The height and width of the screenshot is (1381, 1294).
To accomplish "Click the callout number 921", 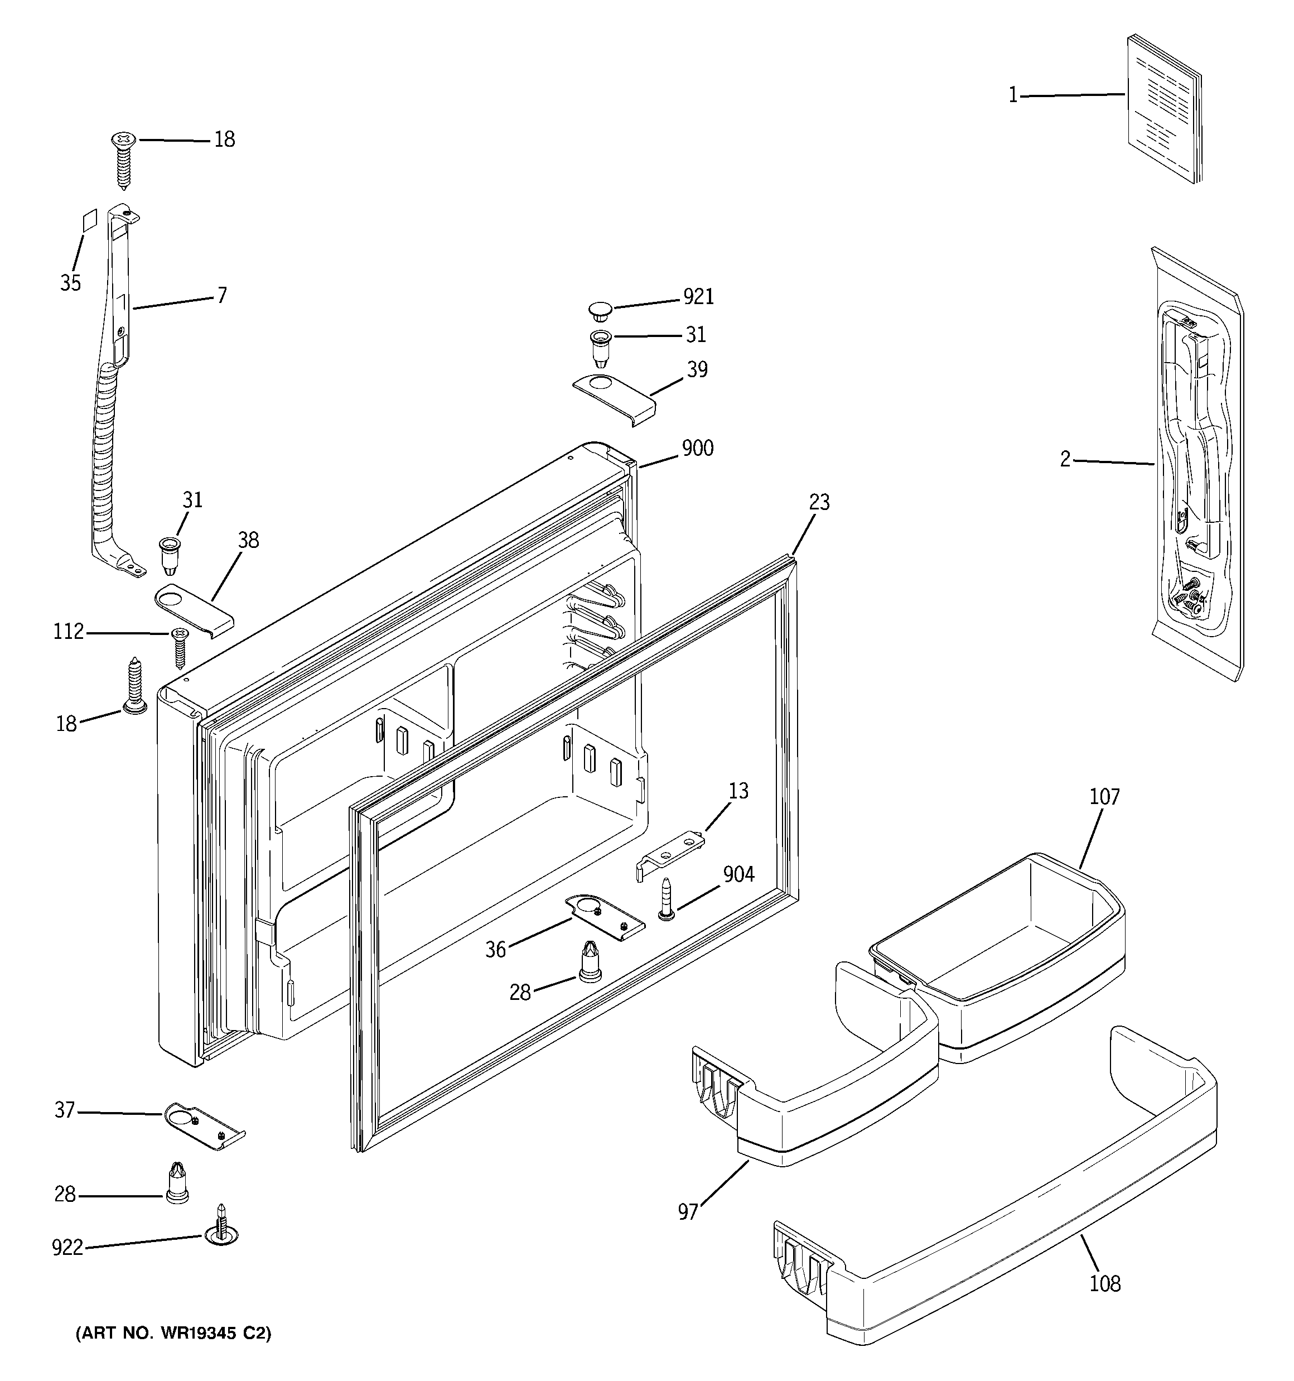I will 698,297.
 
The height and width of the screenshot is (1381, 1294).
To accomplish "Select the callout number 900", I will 697,449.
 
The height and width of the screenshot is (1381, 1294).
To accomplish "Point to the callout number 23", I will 819,502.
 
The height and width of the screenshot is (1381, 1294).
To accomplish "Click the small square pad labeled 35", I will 88,222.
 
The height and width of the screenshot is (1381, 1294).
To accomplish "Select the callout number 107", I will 1104,797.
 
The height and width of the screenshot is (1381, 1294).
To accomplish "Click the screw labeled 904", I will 666,900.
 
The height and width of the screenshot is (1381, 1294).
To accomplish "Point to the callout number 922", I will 67,1248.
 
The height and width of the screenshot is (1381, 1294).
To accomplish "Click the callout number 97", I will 688,1212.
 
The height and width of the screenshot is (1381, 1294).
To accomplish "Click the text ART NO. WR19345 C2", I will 173,1334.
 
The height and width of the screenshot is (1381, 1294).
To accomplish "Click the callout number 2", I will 1065,460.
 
